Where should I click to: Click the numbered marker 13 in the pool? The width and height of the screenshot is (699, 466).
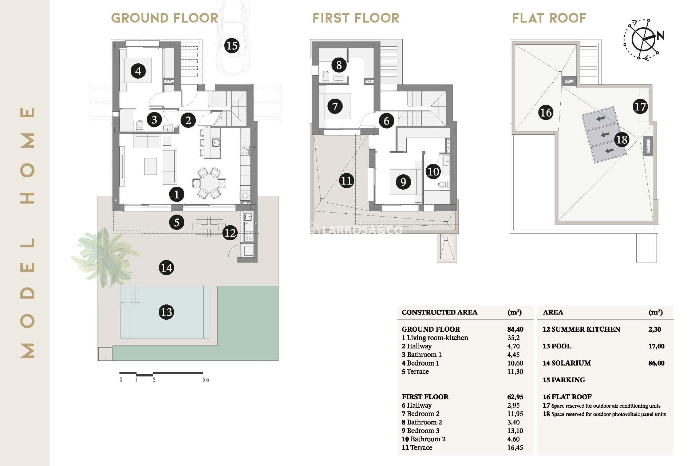166,312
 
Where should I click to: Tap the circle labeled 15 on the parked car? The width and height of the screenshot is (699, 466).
232,46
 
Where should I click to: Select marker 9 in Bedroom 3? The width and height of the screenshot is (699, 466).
403,182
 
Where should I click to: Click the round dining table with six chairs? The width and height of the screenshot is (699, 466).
209,183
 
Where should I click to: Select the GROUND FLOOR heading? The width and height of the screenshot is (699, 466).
164,18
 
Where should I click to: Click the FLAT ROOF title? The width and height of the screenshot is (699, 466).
549,18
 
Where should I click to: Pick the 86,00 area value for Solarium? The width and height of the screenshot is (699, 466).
656,363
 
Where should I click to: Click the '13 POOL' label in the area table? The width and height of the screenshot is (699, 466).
557,346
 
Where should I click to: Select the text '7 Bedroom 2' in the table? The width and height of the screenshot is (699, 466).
420,414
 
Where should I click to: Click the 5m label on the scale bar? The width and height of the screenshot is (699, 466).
206,380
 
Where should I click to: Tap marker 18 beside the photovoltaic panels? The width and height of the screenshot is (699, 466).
621,139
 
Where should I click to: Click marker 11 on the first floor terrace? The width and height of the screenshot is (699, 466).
346,181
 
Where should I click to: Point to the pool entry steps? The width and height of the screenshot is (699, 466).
130,294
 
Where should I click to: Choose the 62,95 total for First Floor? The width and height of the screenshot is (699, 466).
515,397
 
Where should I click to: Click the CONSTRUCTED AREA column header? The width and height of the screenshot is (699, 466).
439,312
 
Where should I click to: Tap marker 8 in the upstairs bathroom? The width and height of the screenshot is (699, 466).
339,65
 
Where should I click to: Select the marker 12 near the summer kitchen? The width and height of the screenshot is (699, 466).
230,233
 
